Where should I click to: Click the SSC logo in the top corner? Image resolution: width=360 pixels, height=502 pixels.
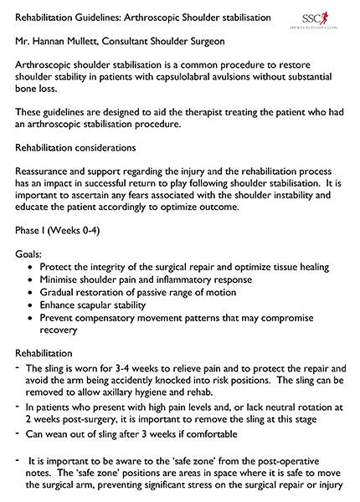click(327, 18)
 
